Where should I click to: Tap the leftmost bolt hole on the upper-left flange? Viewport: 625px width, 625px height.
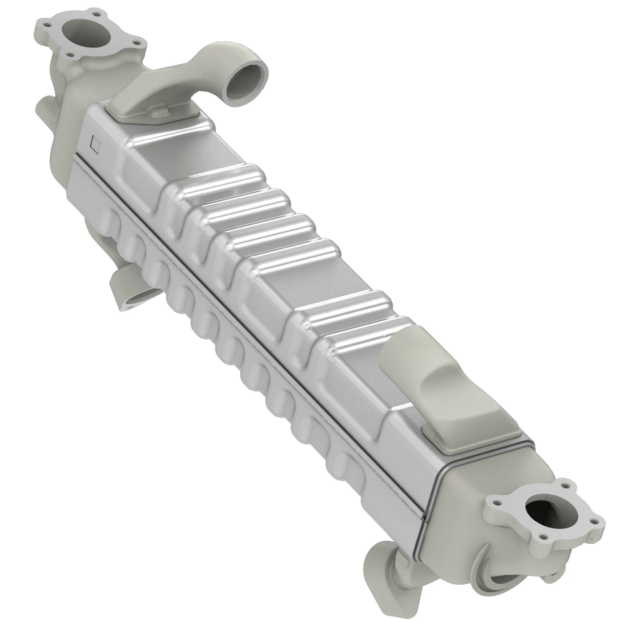[x=47, y=24]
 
